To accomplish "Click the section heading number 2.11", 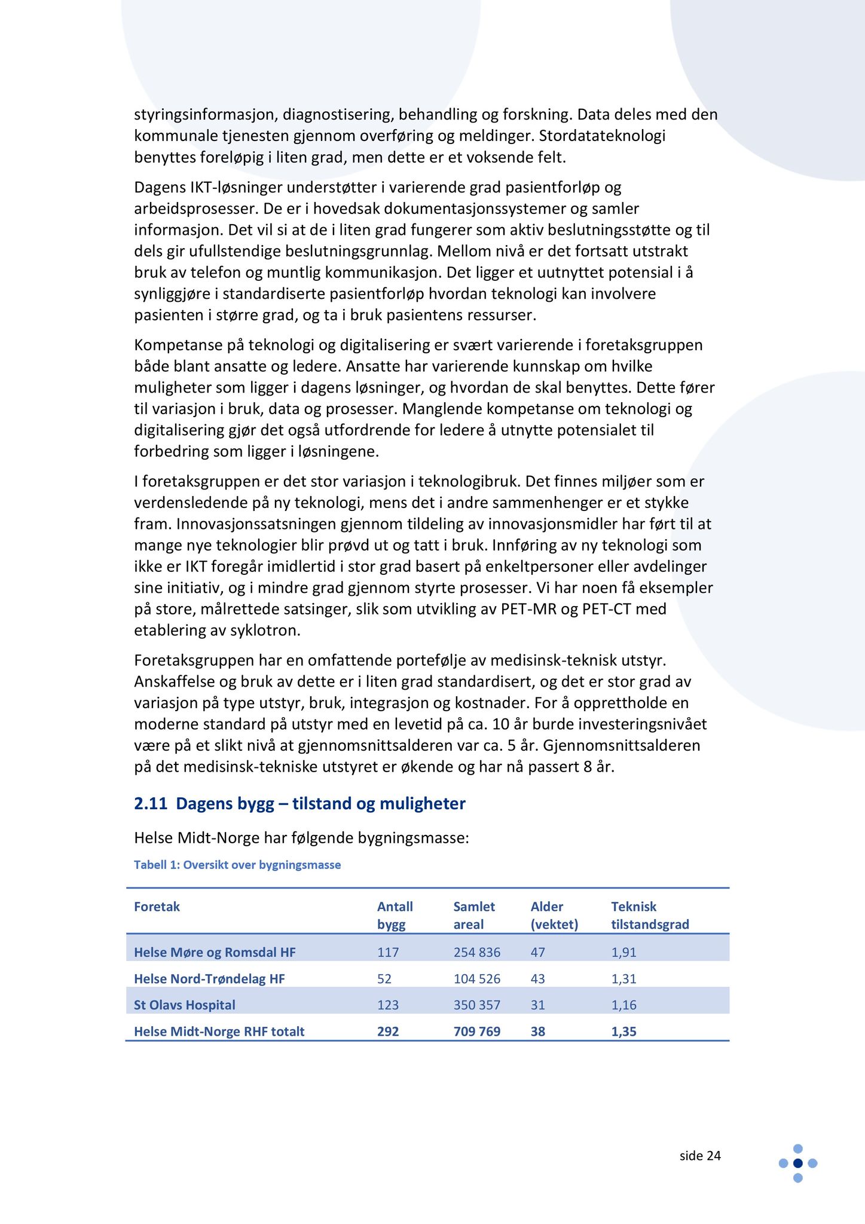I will tap(150, 804).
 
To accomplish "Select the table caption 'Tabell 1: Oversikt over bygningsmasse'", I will tap(237, 865).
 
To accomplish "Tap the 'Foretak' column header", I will tap(157, 907).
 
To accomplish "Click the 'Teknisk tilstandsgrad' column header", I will tap(650, 916).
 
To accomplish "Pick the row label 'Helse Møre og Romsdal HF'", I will tap(215, 952).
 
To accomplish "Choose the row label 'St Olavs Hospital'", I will tap(185, 1005).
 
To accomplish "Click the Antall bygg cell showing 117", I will tap(388, 952).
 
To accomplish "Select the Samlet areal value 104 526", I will tap(476, 978).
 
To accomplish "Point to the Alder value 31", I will tap(538, 1005).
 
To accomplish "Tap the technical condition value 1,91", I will tap(623, 952).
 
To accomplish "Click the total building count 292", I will tap(388, 1031).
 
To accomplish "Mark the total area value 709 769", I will tap(476, 1031).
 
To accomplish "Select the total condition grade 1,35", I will tap(623, 1031).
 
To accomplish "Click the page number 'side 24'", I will tap(700, 1156).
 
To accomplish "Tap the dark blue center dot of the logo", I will tap(797, 1163).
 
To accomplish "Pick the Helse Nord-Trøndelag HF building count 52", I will tap(384, 978).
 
